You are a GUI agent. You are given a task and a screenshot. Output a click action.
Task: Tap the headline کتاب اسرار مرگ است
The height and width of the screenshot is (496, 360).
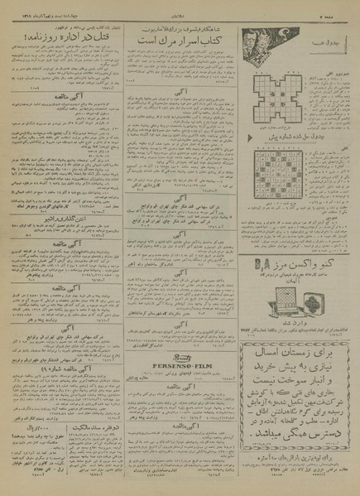pos(186,37)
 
